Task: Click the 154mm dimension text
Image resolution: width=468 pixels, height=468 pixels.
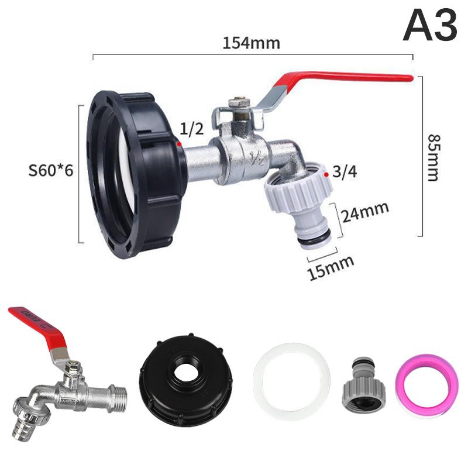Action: pos(252,43)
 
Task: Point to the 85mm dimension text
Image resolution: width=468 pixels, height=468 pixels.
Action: pos(433,157)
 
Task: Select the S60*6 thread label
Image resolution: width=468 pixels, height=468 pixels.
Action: pos(51,170)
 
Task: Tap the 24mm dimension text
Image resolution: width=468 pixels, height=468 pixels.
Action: pos(365,212)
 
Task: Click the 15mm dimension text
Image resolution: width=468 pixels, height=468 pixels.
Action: pos(331,267)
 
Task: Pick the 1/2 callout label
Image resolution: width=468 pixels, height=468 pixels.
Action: pos(192,129)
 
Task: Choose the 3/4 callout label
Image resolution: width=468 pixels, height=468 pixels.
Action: pos(345,171)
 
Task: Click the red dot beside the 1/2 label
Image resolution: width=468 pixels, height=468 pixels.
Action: pos(179,144)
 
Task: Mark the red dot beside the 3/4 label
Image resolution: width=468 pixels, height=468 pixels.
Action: pos(326,174)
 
